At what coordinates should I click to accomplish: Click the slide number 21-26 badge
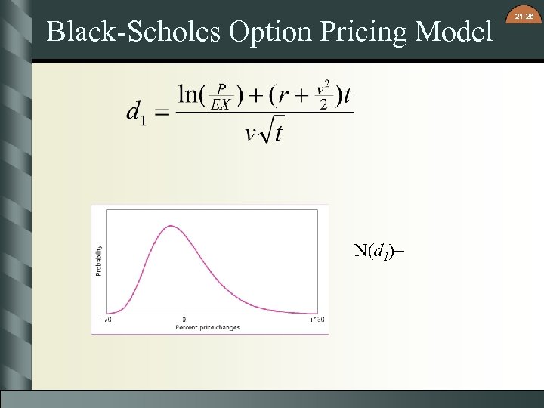[524, 16]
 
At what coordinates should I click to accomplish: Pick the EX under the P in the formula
[220, 105]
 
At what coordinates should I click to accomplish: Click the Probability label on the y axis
[98, 259]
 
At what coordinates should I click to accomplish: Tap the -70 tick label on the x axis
[107, 320]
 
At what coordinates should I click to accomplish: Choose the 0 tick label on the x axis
[184, 320]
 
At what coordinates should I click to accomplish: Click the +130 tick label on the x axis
[317, 320]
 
